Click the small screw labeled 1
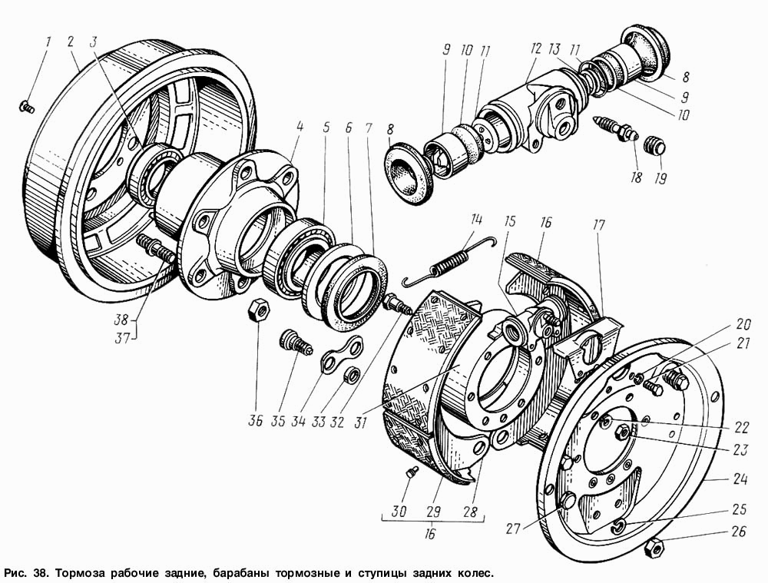pyautogui.click(x=26, y=106)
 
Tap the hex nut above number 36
pyautogui.click(x=257, y=310)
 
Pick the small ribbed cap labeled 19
pyautogui.click(x=654, y=144)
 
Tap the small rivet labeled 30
pyautogui.click(x=412, y=472)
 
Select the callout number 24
pyautogui.click(x=740, y=479)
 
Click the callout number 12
pyautogui.click(x=535, y=48)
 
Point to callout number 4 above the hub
pyautogui.click(x=300, y=127)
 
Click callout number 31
pyautogui.click(x=360, y=422)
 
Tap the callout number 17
pyautogui.click(x=598, y=225)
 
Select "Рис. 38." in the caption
pyautogui.click(x=27, y=573)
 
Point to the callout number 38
pyautogui.click(x=121, y=320)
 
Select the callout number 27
pyautogui.click(x=513, y=528)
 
